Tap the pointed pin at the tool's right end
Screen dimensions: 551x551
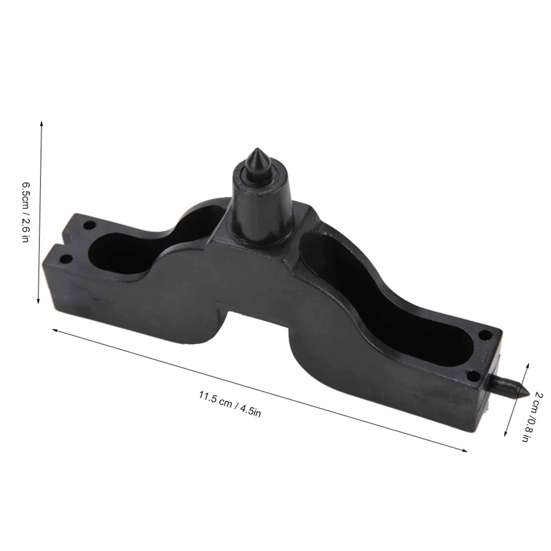tap(509, 386)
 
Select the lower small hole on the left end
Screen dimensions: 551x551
tap(66, 258)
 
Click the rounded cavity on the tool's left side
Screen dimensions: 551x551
tap(117, 253)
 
